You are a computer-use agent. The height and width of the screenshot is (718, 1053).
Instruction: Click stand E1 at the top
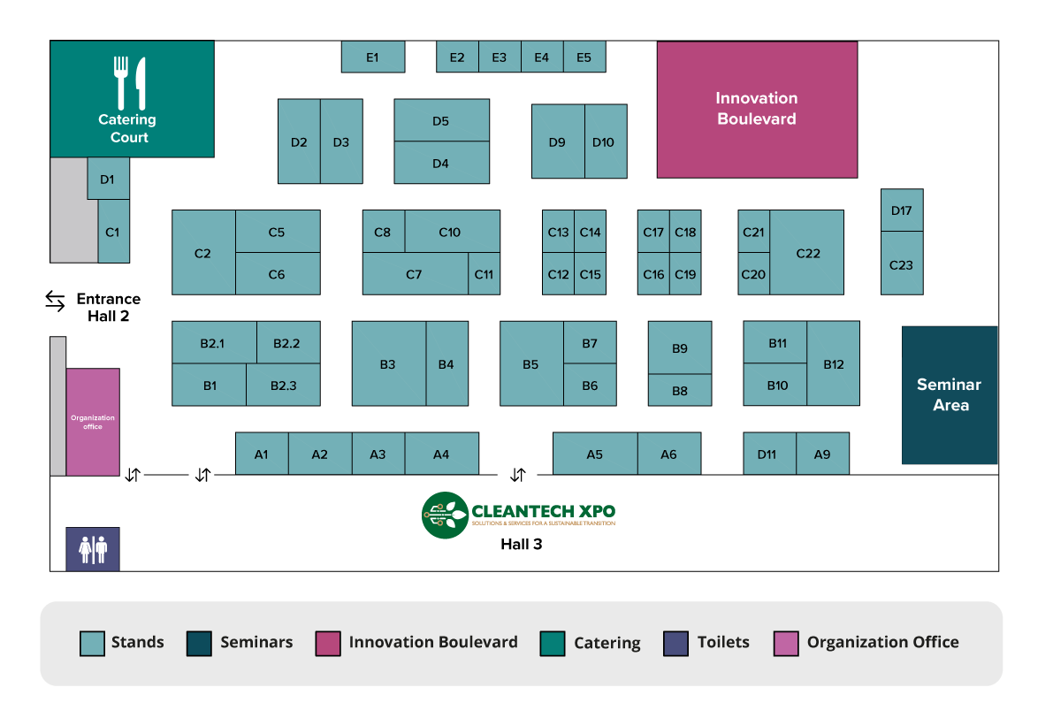(x=373, y=57)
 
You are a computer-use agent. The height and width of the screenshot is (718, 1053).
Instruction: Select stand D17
(x=902, y=210)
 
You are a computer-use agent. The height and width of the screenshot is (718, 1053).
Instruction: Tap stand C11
(x=485, y=274)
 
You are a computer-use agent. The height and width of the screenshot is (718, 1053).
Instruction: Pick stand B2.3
(x=284, y=385)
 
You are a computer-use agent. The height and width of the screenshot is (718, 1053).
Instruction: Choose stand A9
(x=822, y=454)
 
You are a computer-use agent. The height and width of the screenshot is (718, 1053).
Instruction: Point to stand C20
(x=753, y=274)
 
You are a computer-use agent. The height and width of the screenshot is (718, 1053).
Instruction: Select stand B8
(x=680, y=390)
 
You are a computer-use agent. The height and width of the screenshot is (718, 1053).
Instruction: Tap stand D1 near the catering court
(x=108, y=179)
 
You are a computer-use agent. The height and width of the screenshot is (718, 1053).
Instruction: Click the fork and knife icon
(x=130, y=83)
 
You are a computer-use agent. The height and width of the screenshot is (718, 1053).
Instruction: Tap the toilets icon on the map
(x=93, y=549)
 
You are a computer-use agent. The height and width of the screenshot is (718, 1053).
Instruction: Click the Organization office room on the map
(x=93, y=422)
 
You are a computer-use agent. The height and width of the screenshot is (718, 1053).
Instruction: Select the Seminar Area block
(x=950, y=395)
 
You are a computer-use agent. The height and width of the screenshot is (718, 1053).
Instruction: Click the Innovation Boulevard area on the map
(x=757, y=110)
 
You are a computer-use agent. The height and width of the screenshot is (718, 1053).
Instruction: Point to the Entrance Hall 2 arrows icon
(x=55, y=301)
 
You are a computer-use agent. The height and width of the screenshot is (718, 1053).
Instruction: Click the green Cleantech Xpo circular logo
(x=445, y=516)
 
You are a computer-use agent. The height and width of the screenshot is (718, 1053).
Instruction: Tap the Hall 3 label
(x=521, y=544)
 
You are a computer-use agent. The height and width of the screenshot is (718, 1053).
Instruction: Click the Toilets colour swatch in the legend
(x=675, y=643)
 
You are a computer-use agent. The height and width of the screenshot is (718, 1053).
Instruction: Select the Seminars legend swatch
(x=199, y=643)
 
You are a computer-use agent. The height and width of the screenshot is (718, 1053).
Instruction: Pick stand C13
(x=558, y=232)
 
